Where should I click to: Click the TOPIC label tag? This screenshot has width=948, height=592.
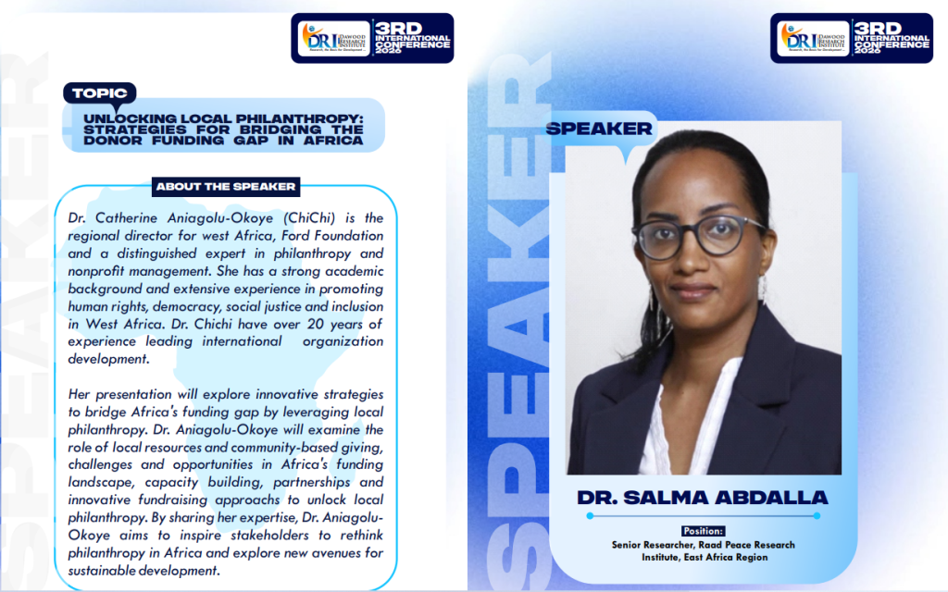tap(100, 93)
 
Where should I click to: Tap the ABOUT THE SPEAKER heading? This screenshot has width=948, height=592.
tap(226, 187)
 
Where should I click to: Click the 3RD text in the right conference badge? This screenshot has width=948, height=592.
tap(878, 29)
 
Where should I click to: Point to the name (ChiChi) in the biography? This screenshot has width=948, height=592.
tap(309, 218)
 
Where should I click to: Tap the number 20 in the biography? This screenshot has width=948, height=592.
tap(315, 324)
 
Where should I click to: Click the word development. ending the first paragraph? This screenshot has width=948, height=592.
tap(108, 360)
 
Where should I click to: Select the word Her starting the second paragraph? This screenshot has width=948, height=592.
tap(79, 394)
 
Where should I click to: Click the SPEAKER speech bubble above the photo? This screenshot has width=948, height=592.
tap(599, 129)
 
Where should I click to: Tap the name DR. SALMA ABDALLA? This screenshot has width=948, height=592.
tap(703, 498)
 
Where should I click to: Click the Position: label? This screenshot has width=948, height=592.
tap(704, 531)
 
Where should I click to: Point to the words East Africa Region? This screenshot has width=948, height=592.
tap(726, 558)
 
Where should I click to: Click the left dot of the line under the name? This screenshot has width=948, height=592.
tap(590, 516)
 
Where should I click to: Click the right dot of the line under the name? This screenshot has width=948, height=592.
tap(817, 516)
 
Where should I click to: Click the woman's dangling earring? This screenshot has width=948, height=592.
tap(763, 289)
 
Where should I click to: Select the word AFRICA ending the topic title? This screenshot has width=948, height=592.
tap(333, 141)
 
